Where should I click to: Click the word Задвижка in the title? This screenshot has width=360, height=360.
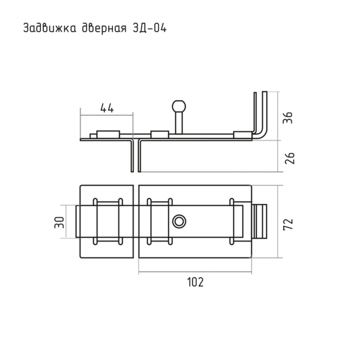pyautogui.click(x=50, y=28)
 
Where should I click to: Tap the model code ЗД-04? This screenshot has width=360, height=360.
pyautogui.click(x=149, y=28)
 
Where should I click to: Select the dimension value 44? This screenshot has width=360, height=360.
pyautogui.click(x=107, y=108)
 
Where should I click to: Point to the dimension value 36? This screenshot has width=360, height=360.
pyautogui.click(x=287, y=118)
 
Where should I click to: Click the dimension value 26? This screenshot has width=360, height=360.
pyautogui.click(x=289, y=158)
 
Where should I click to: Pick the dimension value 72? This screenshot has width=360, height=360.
pyautogui.click(x=288, y=224)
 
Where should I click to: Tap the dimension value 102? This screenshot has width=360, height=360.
pyautogui.click(x=196, y=282)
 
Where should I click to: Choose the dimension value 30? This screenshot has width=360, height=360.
pyautogui.click(x=59, y=222)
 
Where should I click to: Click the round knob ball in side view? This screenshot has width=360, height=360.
pyautogui.click(x=179, y=105)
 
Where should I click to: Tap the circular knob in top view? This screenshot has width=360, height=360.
pyautogui.click(x=179, y=222)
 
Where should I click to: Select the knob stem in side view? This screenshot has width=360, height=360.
pyautogui.click(x=179, y=122)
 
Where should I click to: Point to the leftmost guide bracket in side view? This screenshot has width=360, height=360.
pyautogui.click(x=108, y=135)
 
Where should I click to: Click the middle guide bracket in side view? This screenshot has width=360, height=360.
pyautogui.click(x=160, y=135)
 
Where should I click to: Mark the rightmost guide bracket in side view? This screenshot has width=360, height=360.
pyautogui.click(x=243, y=135)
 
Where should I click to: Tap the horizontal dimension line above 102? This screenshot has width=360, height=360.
pyautogui.click(x=195, y=272)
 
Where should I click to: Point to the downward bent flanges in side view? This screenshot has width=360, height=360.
pyautogui.click(x=136, y=156)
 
